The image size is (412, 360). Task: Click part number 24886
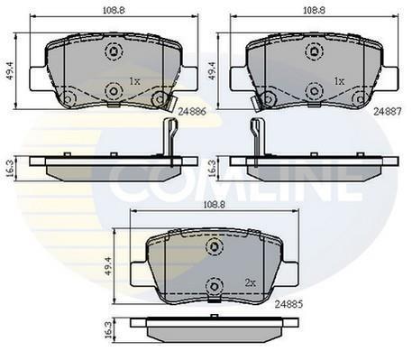tap(192, 112)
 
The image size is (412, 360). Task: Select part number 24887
tap(388, 112)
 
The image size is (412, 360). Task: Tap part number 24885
tap(288, 304)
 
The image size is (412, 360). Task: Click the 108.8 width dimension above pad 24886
tap(114, 10)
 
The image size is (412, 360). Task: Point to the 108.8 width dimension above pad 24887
tap(314, 10)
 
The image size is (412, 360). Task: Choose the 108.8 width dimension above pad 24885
tap(215, 205)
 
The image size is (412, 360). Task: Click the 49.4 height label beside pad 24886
tap(11, 70)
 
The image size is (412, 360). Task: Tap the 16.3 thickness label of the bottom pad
tap(108, 330)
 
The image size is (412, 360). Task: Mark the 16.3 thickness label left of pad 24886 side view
tap(10, 169)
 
